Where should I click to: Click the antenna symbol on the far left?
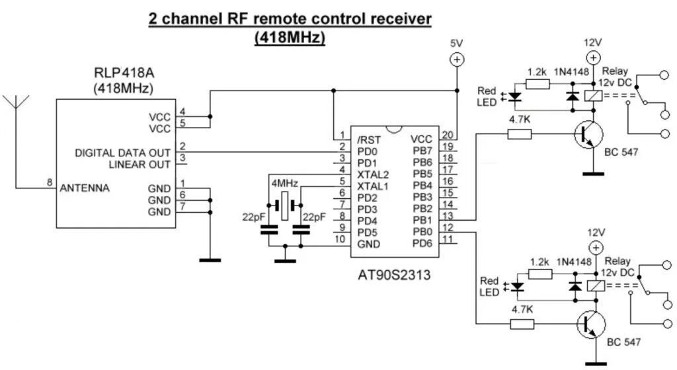point(17,104)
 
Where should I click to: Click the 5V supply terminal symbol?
point(456,59)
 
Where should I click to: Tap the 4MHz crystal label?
point(284,182)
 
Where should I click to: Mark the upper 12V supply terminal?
point(592,58)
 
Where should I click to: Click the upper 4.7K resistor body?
point(520,135)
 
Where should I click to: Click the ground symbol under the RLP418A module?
point(210,260)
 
